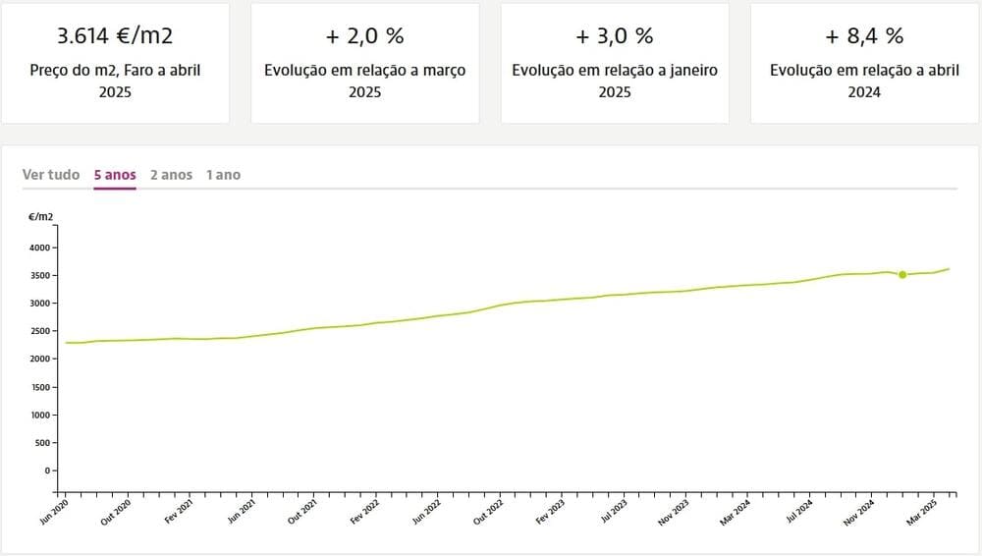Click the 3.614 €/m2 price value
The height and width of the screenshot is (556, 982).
pyautogui.click(x=115, y=36)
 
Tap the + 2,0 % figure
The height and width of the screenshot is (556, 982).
pyautogui.click(x=365, y=36)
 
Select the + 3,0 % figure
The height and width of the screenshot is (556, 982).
pyautogui.click(x=615, y=36)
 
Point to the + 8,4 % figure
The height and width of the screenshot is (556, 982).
pyautogui.click(x=864, y=36)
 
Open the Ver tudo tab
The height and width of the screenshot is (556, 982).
pyautogui.click(x=51, y=175)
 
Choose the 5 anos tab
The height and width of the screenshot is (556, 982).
pyautogui.click(x=115, y=175)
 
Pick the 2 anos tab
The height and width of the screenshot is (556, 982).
pyautogui.click(x=171, y=175)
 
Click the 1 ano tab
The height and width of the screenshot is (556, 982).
pyautogui.click(x=223, y=175)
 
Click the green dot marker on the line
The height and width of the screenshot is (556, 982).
pyautogui.click(x=902, y=275)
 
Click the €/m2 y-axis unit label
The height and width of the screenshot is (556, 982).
pyautogui.click(x=40, y=215)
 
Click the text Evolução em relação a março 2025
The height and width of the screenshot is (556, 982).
pyautogui.click(x=365, y=81)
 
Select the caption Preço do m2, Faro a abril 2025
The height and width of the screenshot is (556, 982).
pyautogui.click(x=115, y=81)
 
